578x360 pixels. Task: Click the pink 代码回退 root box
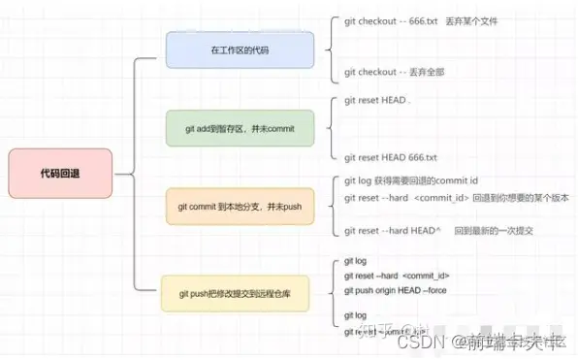(60, 174)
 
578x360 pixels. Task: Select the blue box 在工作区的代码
(240, 49)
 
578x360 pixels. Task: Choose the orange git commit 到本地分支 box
(240, 207)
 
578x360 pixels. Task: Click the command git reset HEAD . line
(378, 100)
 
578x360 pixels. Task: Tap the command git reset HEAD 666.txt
(391, 157)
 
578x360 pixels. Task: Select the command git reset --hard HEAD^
(393, 231)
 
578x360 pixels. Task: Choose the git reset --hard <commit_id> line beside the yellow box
(396, 276)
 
